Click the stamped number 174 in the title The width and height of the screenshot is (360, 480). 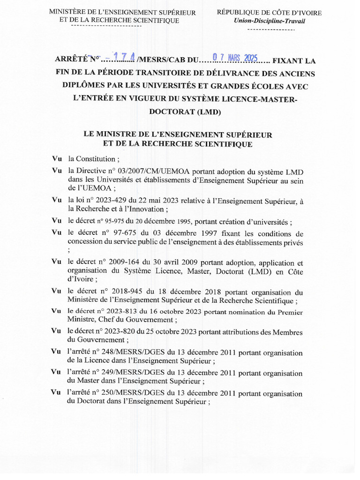[x=125, y=58]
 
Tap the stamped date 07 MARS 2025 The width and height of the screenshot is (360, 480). [x=235, y=58]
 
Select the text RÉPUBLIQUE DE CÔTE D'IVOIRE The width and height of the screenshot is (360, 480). [x=269, y=13]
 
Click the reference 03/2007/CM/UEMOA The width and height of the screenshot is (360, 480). [x=136, y=171]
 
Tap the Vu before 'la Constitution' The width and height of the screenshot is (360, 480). [x=57, y=158]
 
